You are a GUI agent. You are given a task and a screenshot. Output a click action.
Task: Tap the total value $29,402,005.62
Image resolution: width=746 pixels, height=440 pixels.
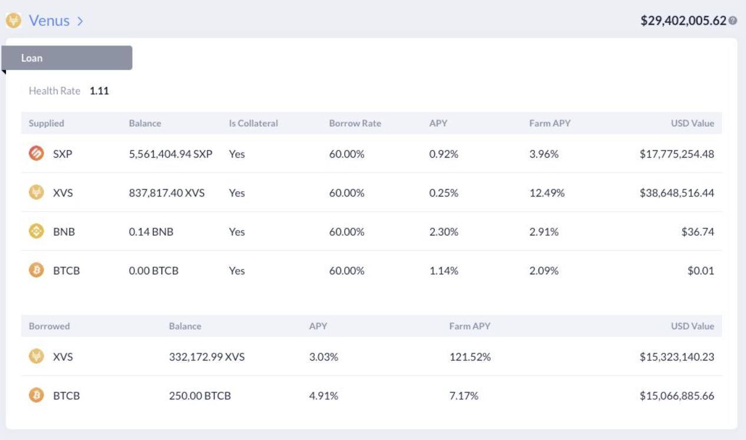tap(683, 21)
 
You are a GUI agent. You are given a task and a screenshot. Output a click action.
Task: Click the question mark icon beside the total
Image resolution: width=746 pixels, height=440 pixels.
tap(732, 21)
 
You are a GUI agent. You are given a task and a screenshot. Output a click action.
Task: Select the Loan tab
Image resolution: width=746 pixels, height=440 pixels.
tap(67, 58)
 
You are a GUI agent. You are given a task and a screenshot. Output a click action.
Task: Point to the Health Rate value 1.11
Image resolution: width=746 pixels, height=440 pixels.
tap(99, 91)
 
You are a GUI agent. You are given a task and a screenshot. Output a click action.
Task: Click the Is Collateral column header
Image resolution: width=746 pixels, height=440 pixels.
tap(253, 123)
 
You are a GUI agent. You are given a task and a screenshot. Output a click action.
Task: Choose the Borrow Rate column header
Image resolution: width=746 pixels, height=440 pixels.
tap(355, 123)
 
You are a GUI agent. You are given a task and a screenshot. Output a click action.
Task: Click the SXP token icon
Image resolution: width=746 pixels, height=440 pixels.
tap(37, 154)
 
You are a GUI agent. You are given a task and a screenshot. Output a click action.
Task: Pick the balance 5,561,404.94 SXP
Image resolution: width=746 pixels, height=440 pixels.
tap(170, 154)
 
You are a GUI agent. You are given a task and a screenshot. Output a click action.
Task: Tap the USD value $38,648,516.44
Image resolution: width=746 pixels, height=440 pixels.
tap(676, 193)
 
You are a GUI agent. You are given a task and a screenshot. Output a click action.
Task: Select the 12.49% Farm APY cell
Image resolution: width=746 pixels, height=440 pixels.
tap(547, 193)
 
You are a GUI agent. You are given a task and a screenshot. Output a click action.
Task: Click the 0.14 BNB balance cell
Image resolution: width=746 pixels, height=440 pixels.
tap(151, 232)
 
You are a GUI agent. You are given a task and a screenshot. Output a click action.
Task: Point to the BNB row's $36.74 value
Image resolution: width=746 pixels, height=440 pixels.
tap(698, 232)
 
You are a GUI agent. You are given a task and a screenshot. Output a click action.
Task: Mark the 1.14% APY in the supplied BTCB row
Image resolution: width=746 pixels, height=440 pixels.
tap(444, 271)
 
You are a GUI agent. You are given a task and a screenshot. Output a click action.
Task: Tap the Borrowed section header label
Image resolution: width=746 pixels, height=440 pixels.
tap(49, 326)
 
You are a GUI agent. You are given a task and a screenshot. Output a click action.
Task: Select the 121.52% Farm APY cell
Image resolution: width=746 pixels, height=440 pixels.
tap(470, 357)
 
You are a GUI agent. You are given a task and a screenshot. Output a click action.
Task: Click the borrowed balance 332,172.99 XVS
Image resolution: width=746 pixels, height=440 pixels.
tap(206, 357)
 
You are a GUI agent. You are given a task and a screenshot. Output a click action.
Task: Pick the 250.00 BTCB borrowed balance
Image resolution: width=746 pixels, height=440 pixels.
tap(200, 396)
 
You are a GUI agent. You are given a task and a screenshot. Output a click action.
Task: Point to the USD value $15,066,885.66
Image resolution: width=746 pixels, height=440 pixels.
tap(676, 396)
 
